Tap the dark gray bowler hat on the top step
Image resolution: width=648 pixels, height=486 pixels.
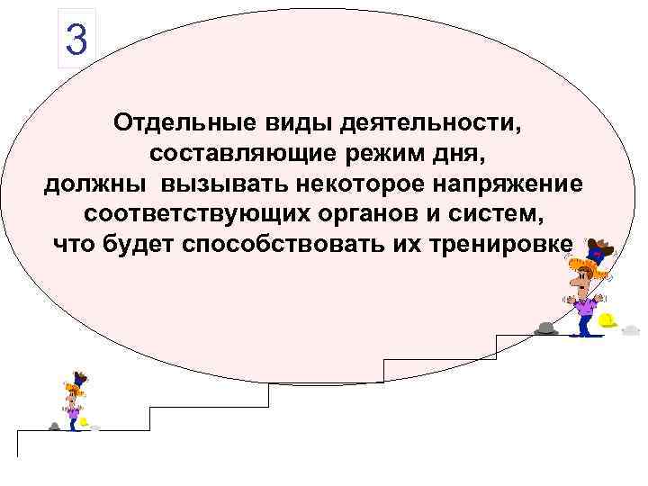[x=546, y=328]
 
